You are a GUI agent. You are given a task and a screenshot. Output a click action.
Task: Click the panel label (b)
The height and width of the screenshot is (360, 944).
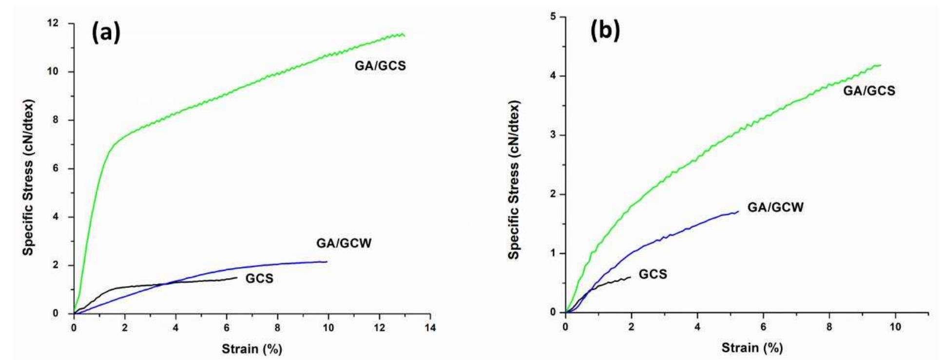[605, 30]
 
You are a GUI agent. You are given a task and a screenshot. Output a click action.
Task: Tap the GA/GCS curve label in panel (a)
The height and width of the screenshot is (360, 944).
[380, 66]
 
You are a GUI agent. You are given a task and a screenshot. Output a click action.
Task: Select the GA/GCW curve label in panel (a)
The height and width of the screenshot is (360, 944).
[344, 243]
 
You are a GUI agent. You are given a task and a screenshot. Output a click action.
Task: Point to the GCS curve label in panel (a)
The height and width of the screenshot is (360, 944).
[259, 279]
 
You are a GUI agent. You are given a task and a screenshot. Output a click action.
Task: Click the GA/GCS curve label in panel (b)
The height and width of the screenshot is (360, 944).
[869, 91]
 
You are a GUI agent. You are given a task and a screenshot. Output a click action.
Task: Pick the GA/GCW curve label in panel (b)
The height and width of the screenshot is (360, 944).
[775, 208]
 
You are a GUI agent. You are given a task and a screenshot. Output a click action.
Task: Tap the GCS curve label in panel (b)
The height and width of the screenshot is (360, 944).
[653, 274]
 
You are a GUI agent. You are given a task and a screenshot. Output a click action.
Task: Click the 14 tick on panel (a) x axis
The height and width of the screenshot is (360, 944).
[429, 328]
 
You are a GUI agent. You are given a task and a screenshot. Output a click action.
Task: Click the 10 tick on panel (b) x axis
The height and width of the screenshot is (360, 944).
[895, 326]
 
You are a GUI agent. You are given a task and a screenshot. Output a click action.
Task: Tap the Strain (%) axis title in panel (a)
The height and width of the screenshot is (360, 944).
[251, 349]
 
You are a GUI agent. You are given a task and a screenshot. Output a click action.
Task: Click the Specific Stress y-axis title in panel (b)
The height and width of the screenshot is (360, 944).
[514, 180]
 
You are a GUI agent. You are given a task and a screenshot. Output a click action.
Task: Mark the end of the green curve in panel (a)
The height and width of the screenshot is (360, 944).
[404, 35]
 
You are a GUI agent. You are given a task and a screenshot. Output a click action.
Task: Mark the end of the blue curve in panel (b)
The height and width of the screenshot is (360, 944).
[738, 211]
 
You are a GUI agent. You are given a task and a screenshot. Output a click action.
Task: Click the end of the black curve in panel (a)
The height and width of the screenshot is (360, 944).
[237, 278]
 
